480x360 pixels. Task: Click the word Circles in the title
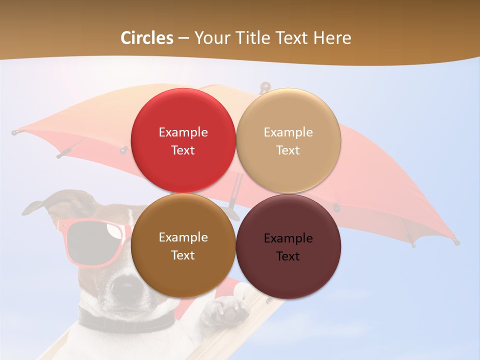click(147, 38)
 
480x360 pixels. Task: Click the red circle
click(183, 140)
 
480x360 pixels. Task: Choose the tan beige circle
click(288, 140)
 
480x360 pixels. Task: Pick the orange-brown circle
click(183, 245)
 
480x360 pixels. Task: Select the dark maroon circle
click(288, 246)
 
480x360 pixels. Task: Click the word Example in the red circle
click(183, 132)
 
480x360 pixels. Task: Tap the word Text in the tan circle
click(288, 150)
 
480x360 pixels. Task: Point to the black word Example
click(288, 238)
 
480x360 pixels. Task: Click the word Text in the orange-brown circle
click(183, 255)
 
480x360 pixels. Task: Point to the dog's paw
click(225, 309)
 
